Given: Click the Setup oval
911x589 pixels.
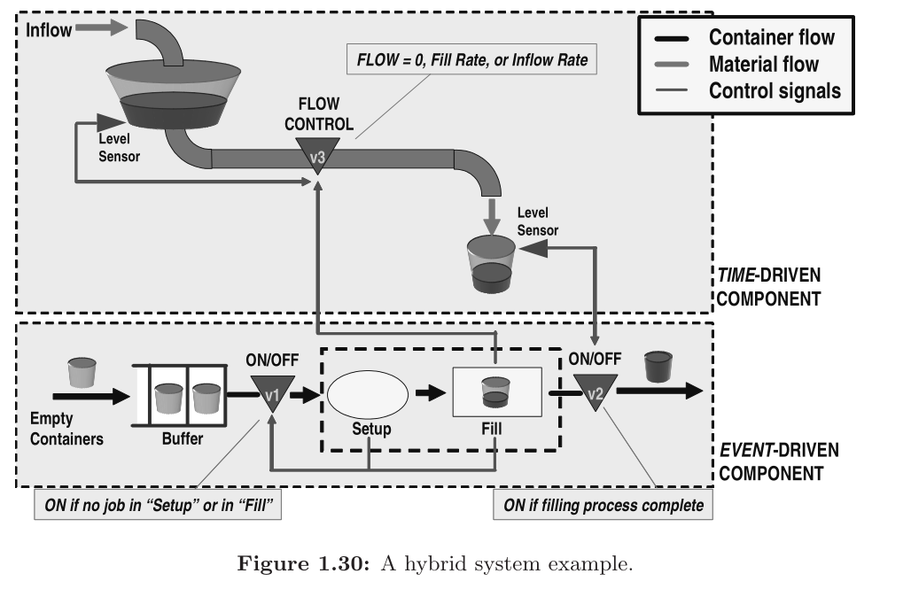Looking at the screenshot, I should [x=368, y=391].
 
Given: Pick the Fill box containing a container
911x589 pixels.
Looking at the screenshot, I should [x=496, y=391].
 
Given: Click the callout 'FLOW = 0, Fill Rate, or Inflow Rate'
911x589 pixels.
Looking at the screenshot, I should [x=472, y=61].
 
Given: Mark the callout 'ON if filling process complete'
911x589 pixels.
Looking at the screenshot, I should [x=603, y=506].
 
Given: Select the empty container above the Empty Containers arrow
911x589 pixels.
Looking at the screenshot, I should [x=82, y=373].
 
